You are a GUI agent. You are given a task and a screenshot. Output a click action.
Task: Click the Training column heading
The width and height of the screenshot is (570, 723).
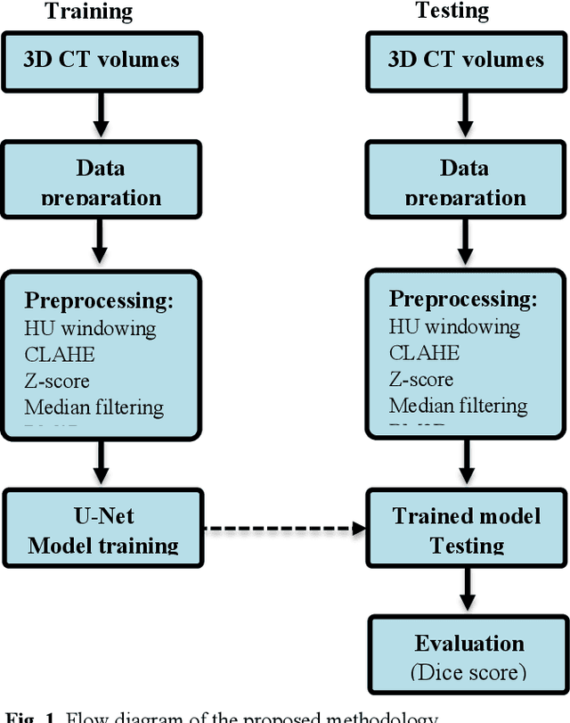pos(88,12)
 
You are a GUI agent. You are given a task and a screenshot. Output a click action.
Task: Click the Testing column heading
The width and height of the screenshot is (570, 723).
pos(452,11)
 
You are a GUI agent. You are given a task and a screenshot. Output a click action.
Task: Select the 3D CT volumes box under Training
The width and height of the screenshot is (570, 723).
pos(101,60)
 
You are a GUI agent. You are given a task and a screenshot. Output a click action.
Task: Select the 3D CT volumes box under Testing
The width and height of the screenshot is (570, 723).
pos(465,60)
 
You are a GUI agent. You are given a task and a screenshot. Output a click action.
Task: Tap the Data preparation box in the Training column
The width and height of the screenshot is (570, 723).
pos(101,178)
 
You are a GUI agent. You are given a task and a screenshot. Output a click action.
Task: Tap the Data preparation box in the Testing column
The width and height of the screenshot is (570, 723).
pos(464,178)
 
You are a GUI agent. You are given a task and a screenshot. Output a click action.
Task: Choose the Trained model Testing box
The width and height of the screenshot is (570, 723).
pos(466,530)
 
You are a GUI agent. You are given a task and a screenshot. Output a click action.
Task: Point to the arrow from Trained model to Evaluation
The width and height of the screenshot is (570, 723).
pos(464,589)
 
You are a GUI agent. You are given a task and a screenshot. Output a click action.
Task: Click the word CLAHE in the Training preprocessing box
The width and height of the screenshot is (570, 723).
pos(59,354)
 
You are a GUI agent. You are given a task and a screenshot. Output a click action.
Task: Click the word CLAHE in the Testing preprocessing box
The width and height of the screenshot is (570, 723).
pos(424,352)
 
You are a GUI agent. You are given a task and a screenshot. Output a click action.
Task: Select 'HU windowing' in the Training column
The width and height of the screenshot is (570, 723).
pos(90,328)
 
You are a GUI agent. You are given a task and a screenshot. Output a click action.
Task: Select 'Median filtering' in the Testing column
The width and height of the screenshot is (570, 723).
pos(458,406)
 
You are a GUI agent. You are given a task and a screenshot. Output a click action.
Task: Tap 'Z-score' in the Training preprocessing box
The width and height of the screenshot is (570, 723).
pos(57,381)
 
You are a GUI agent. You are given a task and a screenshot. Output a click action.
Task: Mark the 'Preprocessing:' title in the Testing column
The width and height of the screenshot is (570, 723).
pos(463,299)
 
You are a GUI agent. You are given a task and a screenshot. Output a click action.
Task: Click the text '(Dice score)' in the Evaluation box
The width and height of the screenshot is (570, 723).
pos(468,671)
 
